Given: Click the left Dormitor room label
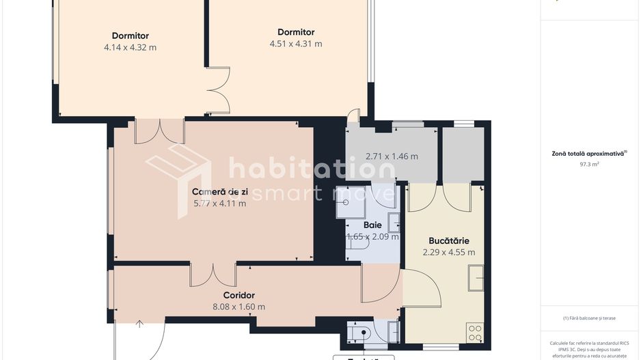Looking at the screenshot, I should pos(130,36).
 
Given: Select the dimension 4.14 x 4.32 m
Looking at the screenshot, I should pos(130,48).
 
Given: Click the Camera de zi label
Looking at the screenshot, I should pos(219,191).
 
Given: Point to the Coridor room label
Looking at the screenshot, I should pos(238,295).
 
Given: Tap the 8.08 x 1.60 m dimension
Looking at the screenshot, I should pos(238,307).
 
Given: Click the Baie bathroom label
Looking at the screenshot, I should pos(372,225).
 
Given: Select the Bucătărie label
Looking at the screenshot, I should pos(448,240).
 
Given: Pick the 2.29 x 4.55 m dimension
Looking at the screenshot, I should pos(448,252).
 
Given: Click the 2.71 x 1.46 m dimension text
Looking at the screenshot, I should pos(392,156).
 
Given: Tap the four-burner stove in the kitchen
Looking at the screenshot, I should pos(475,333).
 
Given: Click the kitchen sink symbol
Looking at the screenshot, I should pos(476,278).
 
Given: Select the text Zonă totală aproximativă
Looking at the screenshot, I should pos(588,154).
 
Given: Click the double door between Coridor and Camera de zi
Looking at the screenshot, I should pos(213,275).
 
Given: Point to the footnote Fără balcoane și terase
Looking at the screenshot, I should pos(589,318).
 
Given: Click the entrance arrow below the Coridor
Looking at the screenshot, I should pos(139,324).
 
